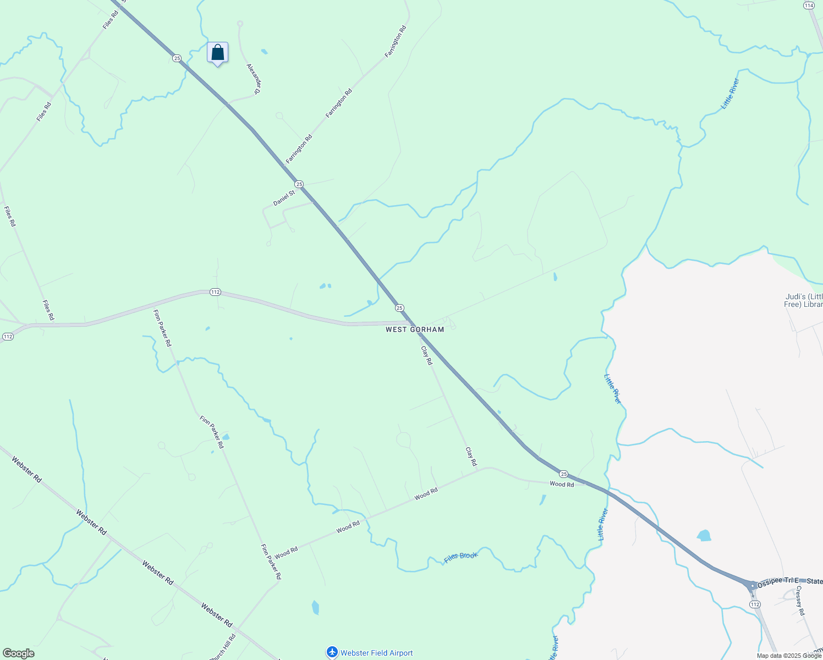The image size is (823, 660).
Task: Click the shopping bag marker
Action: point(217,53)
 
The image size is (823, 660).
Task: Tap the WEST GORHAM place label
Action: point(415,329)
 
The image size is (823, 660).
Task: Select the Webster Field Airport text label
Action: point(376,653)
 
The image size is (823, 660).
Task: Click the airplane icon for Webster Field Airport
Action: point(332,652)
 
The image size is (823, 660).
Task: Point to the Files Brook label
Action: point(461,557)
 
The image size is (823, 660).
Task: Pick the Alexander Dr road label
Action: point(253,79)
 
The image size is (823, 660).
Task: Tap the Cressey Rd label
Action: point(800,601)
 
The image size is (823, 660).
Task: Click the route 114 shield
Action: point(808,5)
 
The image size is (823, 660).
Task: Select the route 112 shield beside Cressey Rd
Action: point(755,604)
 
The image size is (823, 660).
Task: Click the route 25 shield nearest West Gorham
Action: point(399,308)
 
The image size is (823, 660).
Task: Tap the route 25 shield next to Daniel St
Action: point(298,184)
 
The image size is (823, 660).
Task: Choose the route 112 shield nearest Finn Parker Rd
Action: point(215,292)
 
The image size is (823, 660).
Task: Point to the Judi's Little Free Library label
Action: point(804,301)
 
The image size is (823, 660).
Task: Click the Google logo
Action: point(18,653)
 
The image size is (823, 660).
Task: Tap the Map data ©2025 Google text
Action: point(789,656)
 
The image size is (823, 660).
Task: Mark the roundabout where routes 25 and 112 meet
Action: point(752,586)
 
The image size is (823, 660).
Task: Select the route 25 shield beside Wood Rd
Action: point(563,474)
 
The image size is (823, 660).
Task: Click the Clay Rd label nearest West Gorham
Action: point(426,355)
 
